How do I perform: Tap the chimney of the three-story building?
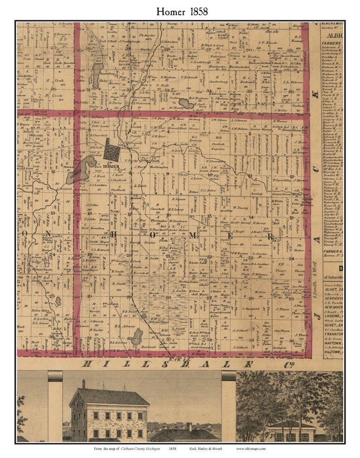tap(83, 384)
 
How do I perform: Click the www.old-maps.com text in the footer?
tap(251, 448)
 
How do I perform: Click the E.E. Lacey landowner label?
tap(175, 209)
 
